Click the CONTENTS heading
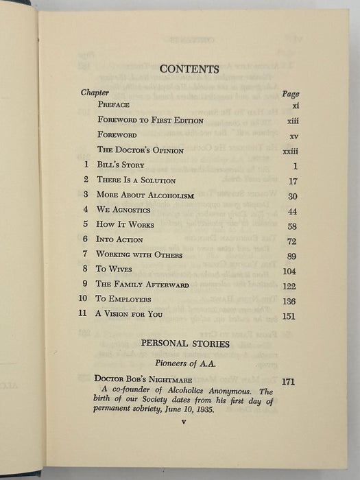point(189,69)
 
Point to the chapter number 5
point(86,225)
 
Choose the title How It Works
point(125,225)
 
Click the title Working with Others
point(139,255)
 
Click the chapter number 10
point(84,300)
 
